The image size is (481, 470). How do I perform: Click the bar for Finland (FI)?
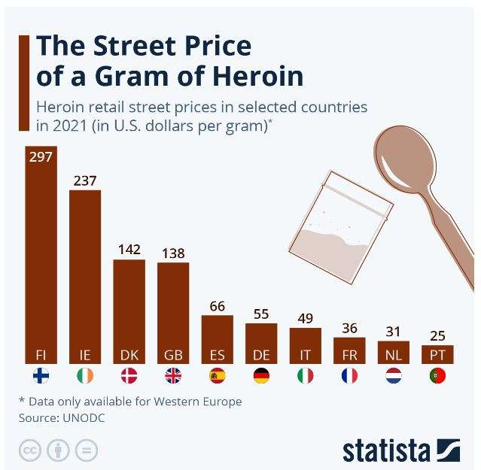[41, 255]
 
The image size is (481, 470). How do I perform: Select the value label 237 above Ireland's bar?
[85, 180]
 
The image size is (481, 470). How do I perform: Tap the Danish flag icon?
[129, 376]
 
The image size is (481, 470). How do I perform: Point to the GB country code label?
[173, 355]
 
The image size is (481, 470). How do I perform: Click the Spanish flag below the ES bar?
[218, 376]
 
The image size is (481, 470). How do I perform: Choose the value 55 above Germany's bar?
[261, 314]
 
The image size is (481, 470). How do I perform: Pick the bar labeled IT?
[306, 346]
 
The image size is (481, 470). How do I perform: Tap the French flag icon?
[350, 376]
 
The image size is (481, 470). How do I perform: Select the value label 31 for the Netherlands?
[393, 332]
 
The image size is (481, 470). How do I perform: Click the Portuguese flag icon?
[438, 376]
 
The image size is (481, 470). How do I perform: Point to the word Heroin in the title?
[257, 76]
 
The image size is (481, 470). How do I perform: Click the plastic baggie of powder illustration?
[340, 226]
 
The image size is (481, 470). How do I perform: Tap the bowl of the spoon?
[405, 159]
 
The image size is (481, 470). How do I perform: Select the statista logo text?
[386, 450]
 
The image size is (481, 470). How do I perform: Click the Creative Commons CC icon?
[30, 450]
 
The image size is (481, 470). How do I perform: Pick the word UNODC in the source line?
[84, 418]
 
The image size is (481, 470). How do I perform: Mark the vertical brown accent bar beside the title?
[24, 83]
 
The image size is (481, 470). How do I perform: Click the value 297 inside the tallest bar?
[41, 157]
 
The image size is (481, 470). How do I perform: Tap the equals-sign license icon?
[87, 450]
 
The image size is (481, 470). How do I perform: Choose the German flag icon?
[262, 376]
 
